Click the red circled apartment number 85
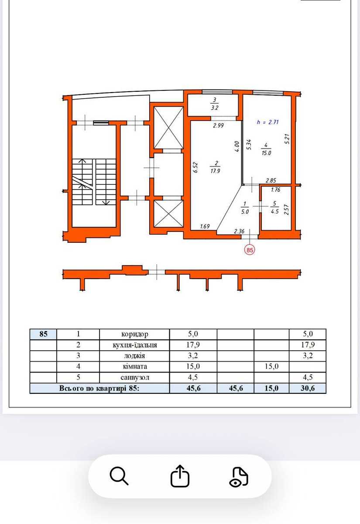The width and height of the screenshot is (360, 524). click(x=250, y=250)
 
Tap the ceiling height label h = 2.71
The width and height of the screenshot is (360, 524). click(x=267, y=122)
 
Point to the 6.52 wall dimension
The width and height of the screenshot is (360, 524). click(x=195, y=168)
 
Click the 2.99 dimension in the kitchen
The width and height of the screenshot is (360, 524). click(x=218, y=125)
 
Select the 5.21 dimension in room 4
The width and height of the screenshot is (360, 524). click(x=287, y=139)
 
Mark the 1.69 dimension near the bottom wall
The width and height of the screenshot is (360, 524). click(x=205, y=226)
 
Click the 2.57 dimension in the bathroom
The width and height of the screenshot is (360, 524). click(x=286, y=209)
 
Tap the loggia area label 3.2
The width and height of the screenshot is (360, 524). click(x=215, y=108)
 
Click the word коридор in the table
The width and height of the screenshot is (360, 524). click(x=135, y=334)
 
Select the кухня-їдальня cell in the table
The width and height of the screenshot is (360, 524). click(x=135, y=345)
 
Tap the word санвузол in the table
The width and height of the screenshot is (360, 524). click(x=135, y=378)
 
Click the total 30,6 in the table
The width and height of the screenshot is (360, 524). click(x=308, y=388)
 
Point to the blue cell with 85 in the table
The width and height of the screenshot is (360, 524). click(x=43, y=334)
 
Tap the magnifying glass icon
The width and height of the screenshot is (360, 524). click(x=119, y=476)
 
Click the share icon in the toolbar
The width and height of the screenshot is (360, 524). click(x=180, y=476)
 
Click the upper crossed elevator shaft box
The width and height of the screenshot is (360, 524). click(x=168, y=128)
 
